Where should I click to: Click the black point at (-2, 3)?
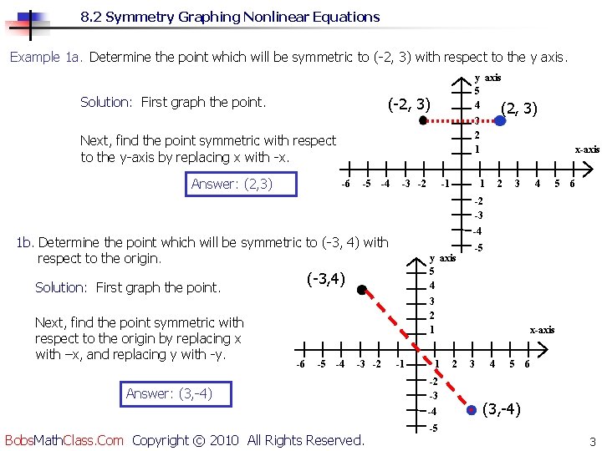pyautogui.click(x=423, y=120)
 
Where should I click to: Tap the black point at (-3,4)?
pyautogui.click(x=361, y=290)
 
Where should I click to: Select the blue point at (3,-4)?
pyautogui.click(x=473, y=409)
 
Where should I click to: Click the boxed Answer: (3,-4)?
pyautogui.click(x=169, y=393)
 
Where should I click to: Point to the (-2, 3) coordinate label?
pyautogui.click(x=409, y=104)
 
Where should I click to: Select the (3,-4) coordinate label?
pyautogui.click(x=503, y=409)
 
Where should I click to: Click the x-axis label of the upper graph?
pyautogui.click(x=586, y=149)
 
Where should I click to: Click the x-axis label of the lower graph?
pyautogui.click(x=541, y=330)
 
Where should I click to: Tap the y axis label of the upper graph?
pyautogui.click(x=487, y=78)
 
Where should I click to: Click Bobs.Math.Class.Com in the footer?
pyautogui.click(x=64, y=439)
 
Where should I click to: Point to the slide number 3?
pyautogui.click(x=591, y=441)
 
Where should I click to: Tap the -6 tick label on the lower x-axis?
pyautogui.click(x=300, y=364)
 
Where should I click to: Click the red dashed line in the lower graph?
pyautogui.click(x=418, y=350)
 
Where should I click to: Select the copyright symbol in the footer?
pyautogui.click(x=198, y=440)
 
